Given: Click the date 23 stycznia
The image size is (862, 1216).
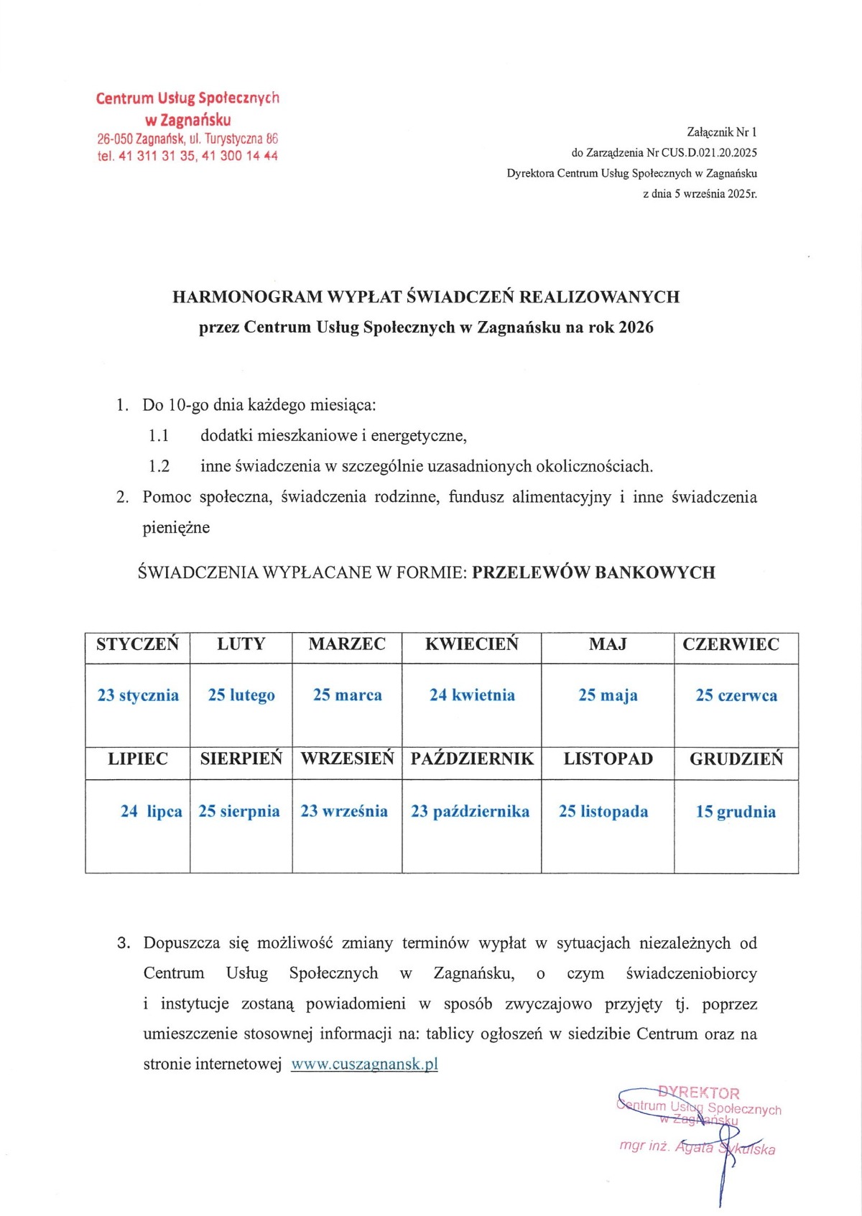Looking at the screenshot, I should point(138,695).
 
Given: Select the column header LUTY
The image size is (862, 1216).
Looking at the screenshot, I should point(241,644).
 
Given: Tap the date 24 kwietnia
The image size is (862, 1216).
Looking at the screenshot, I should point(472,695).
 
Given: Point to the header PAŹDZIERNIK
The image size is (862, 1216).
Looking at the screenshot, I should point(472,759).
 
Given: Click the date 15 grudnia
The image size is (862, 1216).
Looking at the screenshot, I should point(736,812).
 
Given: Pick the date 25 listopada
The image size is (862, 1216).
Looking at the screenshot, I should point(603,812).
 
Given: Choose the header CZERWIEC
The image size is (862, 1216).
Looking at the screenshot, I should point(731,644).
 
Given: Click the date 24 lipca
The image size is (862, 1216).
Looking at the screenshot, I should point(151,812).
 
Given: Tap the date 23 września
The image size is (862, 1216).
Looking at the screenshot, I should point(344,812).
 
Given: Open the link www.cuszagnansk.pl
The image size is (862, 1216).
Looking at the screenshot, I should point(364,1064).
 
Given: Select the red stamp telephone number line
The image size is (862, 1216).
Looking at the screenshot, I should point(187,156).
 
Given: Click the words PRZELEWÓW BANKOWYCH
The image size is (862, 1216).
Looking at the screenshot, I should point(593,572).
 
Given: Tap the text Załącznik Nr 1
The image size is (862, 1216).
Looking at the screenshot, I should point(721,132).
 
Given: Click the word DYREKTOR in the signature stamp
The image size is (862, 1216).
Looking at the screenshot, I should point(698,1093).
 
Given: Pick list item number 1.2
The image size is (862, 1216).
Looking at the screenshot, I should point(159,466).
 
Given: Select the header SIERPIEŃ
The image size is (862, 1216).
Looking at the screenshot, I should point(241,759).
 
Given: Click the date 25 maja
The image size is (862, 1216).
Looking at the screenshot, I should point(608,695).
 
